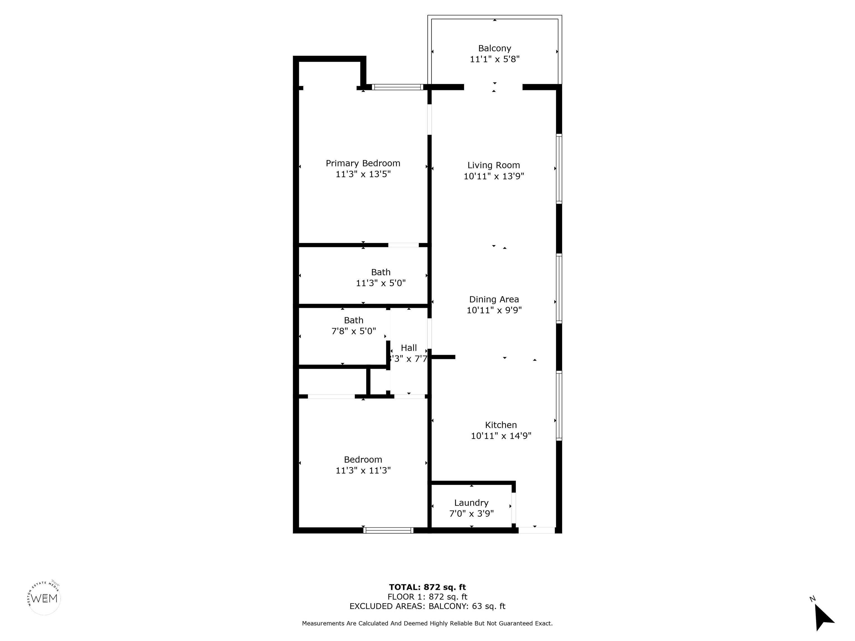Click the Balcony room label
pos(494,48)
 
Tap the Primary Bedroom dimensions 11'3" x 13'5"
pos(363,174)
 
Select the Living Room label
pos(493,165)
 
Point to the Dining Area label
pos(494,299)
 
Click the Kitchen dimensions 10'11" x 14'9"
pos(501,436)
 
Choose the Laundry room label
pos(471,503)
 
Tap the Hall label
pos(409,348)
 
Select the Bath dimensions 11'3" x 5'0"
pos(381,283)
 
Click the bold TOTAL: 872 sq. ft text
pos(427,587)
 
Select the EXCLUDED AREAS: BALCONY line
pos(427,606)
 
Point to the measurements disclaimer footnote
pos(427,623)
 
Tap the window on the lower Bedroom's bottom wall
pos(388,531)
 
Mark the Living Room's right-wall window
pos(559,169)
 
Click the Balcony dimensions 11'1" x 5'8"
pos(494,59)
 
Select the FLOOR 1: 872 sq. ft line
pos(427,597)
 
